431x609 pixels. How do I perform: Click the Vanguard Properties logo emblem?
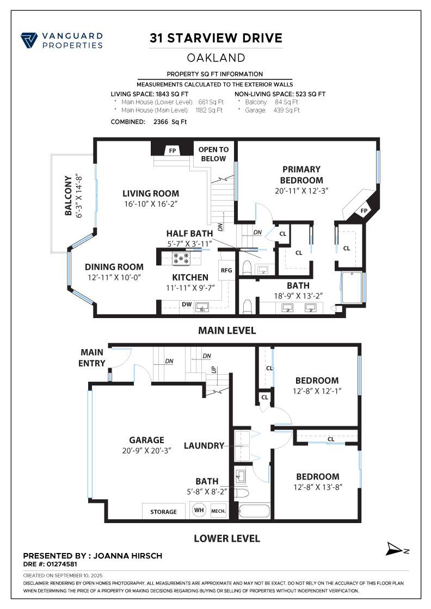(x=29, y=41)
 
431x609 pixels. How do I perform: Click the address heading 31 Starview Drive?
(x=216, y=38)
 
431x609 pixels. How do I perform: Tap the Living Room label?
(x=150, y=194)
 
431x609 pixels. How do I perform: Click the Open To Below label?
(x=213, y=154)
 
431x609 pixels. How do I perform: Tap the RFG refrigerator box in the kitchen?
(x=226, y=270)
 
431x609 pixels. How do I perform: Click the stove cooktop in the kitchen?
(x=180, y=258)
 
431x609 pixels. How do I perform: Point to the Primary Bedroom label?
(x=301, y=175)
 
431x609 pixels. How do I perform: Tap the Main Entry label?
(x=92, y=358)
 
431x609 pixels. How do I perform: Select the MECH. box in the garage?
(x=218, y=511)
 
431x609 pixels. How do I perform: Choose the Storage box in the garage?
(x=163, y=512)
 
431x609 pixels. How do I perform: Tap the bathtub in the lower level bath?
(x=254, y=512)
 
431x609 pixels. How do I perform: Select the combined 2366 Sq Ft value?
(x=166, y=122)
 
